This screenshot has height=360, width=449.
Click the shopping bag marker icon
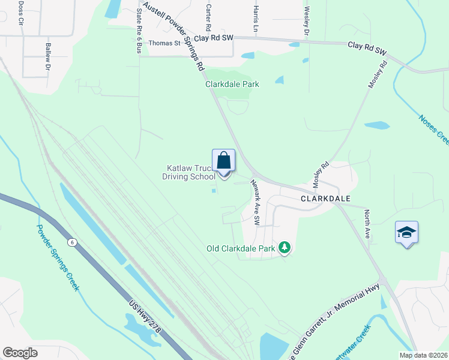(x=224, y=161)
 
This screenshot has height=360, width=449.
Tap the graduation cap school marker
(x=406, y=232)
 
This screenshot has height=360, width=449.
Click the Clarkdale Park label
(x=232, y=85)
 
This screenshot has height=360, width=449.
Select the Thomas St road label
(x=164, y=43)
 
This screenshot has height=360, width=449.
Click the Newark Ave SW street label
(x=255, y=203)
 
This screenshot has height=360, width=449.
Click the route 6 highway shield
(x=71, y=241)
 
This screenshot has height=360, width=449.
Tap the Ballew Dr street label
(x=47, y=57)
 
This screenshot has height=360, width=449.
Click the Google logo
(x=20, y=352)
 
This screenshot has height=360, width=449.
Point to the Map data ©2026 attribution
(x=424, y=355)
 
